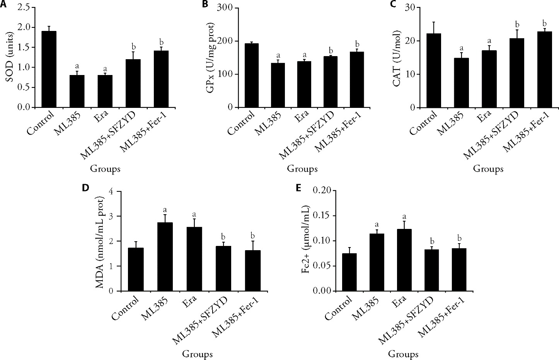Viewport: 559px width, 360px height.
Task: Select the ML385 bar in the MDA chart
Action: click(165, 257)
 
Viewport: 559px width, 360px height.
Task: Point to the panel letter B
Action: click(205, 4)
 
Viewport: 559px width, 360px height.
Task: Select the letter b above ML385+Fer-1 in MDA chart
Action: click(253, 235)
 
